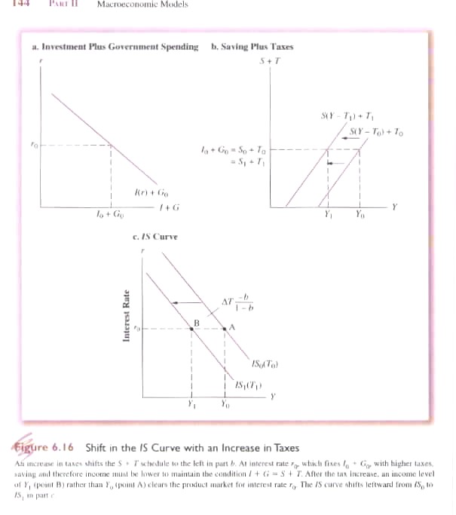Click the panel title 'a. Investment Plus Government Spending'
coord(115,46)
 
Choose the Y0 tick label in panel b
coord(359,214)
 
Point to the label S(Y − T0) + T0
coord(376,133)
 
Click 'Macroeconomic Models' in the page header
coord(142,5)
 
